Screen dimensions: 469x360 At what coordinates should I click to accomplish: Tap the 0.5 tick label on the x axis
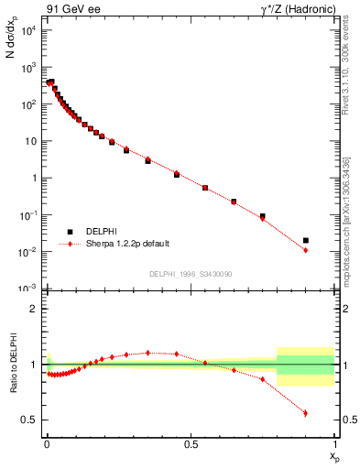coord(191,443)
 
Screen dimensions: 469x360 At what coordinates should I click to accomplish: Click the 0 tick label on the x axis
coord(47,443)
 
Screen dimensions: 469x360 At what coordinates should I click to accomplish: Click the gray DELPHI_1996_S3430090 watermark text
coord(191,274)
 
